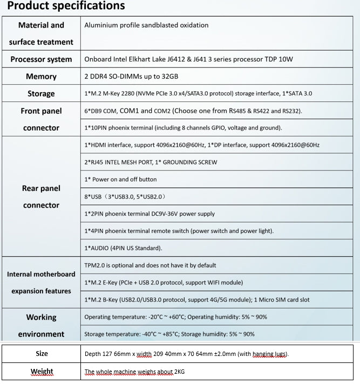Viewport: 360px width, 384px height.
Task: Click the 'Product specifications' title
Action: pyautogui.click(x=66, y=6)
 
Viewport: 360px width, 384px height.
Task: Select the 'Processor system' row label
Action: pyautogui.click(x=41, y=59)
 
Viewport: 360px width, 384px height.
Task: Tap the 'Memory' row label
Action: pyautogui.click(x=41, y=77)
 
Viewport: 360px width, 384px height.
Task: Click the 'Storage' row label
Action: pyautogui.click(x=41, y=94)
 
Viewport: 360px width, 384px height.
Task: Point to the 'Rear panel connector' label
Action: pyautogui.click(x=41, y=197)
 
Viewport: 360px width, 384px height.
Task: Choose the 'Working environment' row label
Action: pyautogui.click(x=41, y=326)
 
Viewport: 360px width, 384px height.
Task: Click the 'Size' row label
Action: pyautogui.click(x=42, y=354)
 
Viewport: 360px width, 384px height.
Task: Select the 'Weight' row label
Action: pyautogui.click(x=42, y=372)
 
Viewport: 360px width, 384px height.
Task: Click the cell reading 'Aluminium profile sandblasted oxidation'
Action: pyautogui.click(x=146, y=25)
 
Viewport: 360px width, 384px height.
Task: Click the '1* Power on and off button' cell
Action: pyautogui.click(x=121, y=180)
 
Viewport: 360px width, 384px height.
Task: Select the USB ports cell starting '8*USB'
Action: pyautogui.click(x=129, y=197)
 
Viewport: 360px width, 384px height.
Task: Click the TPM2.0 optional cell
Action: pyautogui.click(x=150, y=265)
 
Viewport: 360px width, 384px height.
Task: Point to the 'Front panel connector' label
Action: pyautogui.click(x=41, y=119)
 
